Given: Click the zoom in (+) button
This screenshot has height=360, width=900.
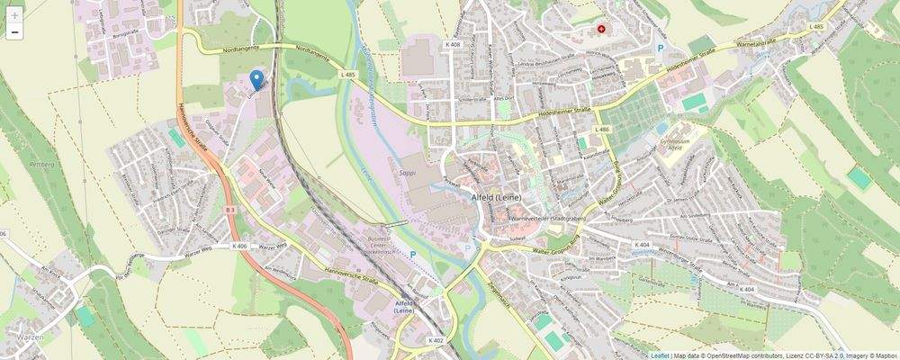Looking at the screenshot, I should (x=14, y=15).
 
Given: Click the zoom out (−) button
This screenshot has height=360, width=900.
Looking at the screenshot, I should (x=14, y=32).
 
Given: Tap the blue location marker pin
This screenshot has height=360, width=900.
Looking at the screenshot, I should (x=257, y=80).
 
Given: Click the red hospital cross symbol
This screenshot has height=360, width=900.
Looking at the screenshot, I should (x=602, y=30).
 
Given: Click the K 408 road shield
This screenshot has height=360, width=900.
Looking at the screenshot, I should (x=452, y=44).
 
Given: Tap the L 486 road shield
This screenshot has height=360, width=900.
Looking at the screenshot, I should (x=601, y=130).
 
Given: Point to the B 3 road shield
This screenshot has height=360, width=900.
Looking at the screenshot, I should (x=230, y=210).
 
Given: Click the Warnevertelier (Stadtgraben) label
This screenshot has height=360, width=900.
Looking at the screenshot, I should (x=547, y=218).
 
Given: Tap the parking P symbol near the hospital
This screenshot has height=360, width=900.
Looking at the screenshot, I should (x=660, y=48).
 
